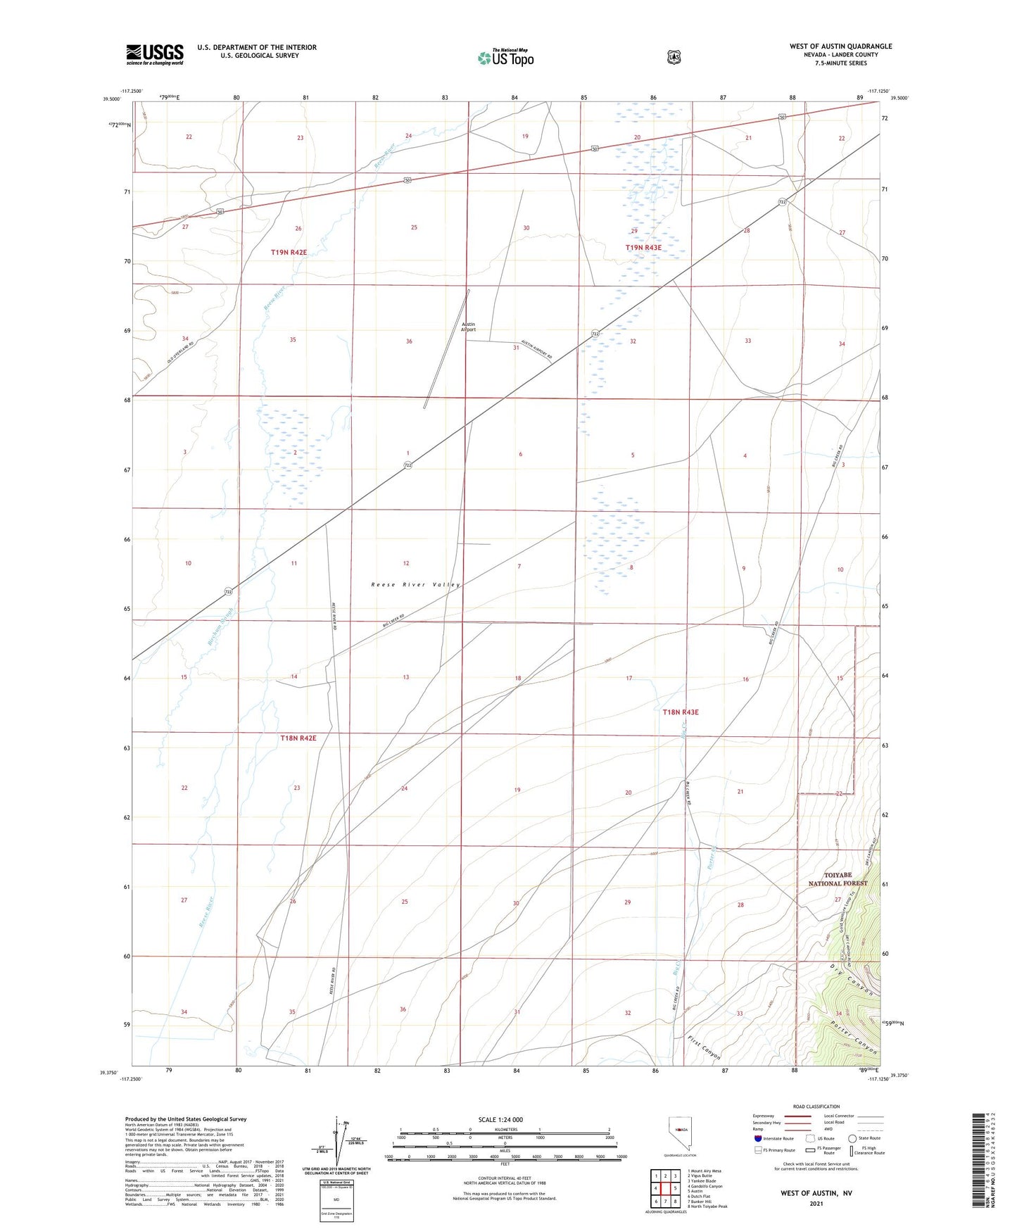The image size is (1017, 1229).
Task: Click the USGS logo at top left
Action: pos(155,54)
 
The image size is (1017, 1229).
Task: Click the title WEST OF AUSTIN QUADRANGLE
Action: pos(840,46)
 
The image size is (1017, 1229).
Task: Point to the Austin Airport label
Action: pos(468,327)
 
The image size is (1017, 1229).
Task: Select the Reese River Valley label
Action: pos(415,584)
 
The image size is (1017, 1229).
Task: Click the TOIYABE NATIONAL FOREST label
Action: pos(838,878)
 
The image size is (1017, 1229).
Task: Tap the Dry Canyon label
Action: pos(852,979)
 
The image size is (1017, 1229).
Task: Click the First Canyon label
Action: pos(704,1047)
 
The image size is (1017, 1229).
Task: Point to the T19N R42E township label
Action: pos(289,252)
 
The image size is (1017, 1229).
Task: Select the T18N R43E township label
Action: pos(680,712)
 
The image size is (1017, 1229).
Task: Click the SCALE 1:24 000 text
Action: pos(500,1119)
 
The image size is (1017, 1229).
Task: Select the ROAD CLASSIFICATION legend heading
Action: pos(816,1107)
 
